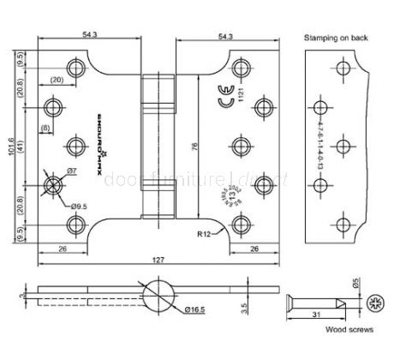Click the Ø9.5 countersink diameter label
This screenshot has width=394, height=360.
pyautogui.click(x=78, y=206)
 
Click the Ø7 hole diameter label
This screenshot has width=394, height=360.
pyautogui.click(x=73, y=171)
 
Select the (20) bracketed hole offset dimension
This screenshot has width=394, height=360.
pyautogui.click(x=57, y=80)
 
